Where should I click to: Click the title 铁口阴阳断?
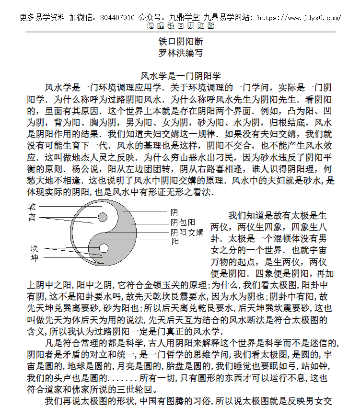(x=180, y=42)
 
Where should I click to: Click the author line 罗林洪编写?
(x=180, y=53)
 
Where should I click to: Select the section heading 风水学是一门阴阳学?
(x=180, y=76)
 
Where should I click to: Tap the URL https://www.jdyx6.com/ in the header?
(x=300, y=18)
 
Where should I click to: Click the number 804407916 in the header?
(x=117, y=18)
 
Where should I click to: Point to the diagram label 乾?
(x=32, y=207)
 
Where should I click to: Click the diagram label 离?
(x=32, y=217)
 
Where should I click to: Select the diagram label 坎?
(x=34, y=248)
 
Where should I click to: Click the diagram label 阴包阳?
(x=183, y=222)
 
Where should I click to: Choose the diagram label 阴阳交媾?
(x=187, y=232)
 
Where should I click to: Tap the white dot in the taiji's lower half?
(x=103, y=248)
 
